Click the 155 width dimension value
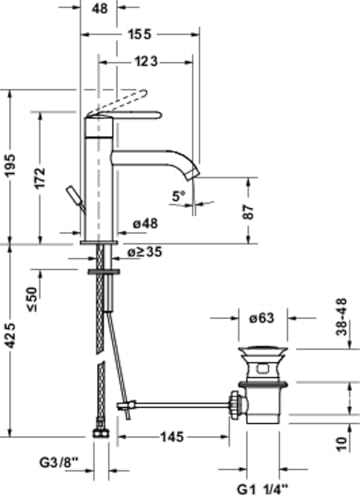(140, 34)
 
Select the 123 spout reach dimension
(146, 62)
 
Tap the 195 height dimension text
(10, 165)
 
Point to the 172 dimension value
(40, 178)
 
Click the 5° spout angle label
(179, 196)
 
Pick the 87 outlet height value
(248, 212)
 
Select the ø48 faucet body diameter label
(145, 223)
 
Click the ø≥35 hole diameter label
(145, 252)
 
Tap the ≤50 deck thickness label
(33, 299)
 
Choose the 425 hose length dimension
(10, 336)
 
